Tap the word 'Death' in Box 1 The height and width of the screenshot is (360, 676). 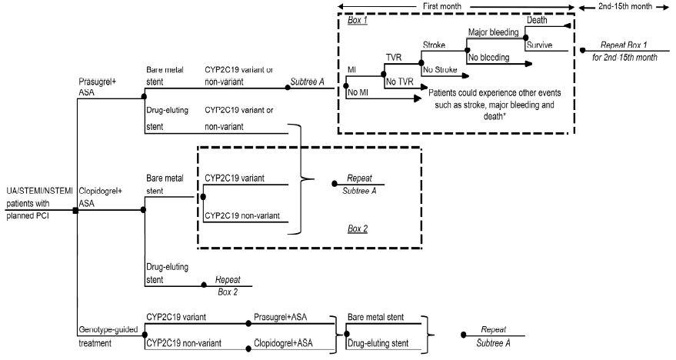point(537,20)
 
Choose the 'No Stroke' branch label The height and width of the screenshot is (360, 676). point(441,69)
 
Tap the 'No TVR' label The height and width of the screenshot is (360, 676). point(398,81)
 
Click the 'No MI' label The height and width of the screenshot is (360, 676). point(358,93)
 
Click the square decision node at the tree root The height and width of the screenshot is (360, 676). point(75,210)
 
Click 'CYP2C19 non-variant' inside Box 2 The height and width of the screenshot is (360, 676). point(242,215)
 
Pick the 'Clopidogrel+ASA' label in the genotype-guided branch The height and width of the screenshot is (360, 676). point(285,343)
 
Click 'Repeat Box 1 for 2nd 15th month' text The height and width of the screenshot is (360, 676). point(621,52)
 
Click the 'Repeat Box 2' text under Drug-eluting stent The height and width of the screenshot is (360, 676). point(228,286)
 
